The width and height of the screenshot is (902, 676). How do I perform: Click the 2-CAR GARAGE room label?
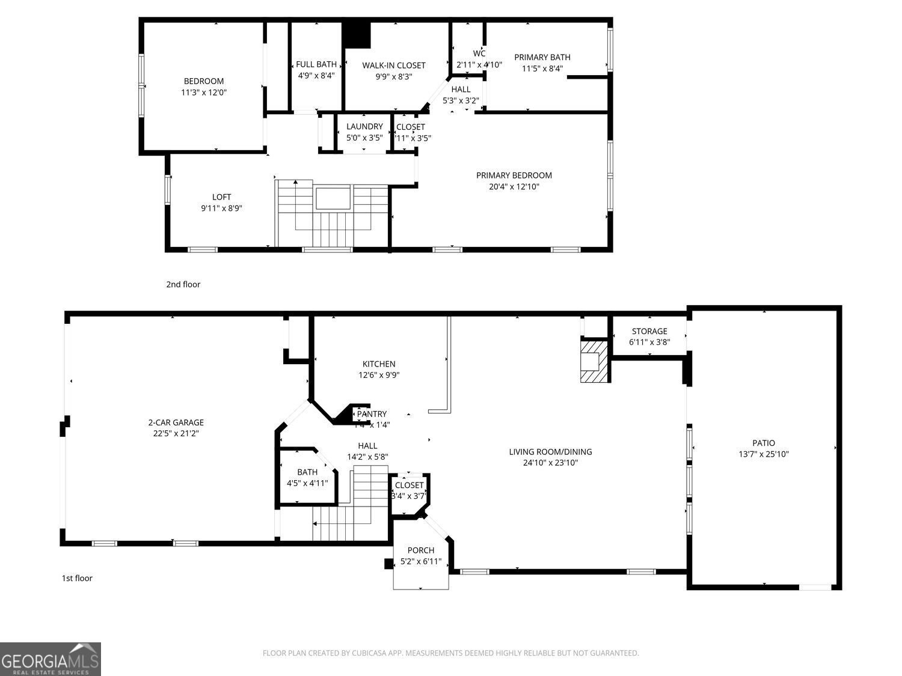(x=176, y=422)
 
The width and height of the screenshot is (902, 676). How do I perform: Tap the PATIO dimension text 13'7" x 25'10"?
(x=763, y=454)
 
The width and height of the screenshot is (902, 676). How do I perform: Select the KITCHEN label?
(x=379, y=364)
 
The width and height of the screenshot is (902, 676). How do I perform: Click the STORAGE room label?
(x=649, y=331)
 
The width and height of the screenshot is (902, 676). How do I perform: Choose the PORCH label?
(x=420, y=550)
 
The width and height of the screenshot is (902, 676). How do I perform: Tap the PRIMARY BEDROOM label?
(x=514, y=175)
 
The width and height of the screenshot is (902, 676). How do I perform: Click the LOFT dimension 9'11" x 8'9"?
(x=221, y=209)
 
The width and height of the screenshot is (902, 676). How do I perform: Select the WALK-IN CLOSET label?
(x=393, y=65)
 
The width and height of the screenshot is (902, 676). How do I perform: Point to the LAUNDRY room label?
(x=364, y=126)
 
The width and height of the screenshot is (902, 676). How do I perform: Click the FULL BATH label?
(x=316, y=64)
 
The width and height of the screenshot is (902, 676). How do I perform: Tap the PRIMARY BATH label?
(x=542, y=57)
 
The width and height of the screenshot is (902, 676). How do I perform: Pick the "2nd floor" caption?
(x=183, y=284)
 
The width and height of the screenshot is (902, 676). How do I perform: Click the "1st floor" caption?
(x=77, y=578)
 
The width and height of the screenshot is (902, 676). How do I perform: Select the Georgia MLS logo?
(x=51, y=659)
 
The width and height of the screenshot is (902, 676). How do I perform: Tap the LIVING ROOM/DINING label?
(x=550, y=452)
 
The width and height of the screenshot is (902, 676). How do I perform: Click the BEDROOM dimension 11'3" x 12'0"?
(x=203, y=93)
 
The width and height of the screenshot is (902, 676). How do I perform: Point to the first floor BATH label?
(x=307, y=472)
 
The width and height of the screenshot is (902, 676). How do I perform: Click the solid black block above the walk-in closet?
(x=357, y=35)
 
